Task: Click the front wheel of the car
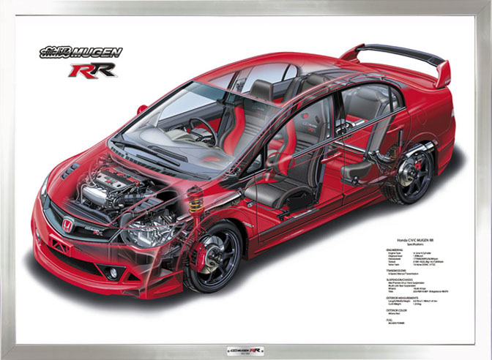(213, 255)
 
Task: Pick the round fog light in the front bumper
(113, 272)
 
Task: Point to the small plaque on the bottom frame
(245, 351)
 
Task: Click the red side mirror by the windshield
(141, 110)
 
